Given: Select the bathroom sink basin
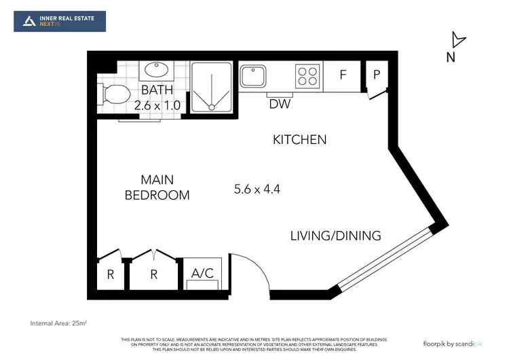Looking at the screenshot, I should (x=157, y=71).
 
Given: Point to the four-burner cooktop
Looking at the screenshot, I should (x=307, y=75).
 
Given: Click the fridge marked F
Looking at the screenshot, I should (x=343, y=75).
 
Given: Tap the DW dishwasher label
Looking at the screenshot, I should (x=279, y=104).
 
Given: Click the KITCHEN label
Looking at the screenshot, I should (x=299, y=140).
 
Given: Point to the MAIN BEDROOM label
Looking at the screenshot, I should (x=157, y=187).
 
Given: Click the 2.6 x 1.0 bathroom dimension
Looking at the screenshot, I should (x=157, y=105).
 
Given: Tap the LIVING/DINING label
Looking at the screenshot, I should (x=335, y=236).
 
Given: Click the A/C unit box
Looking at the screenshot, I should (x=202, y=274).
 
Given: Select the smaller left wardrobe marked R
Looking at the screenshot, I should (x=110, y=275).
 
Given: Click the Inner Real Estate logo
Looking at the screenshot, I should (x=60, y=21).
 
